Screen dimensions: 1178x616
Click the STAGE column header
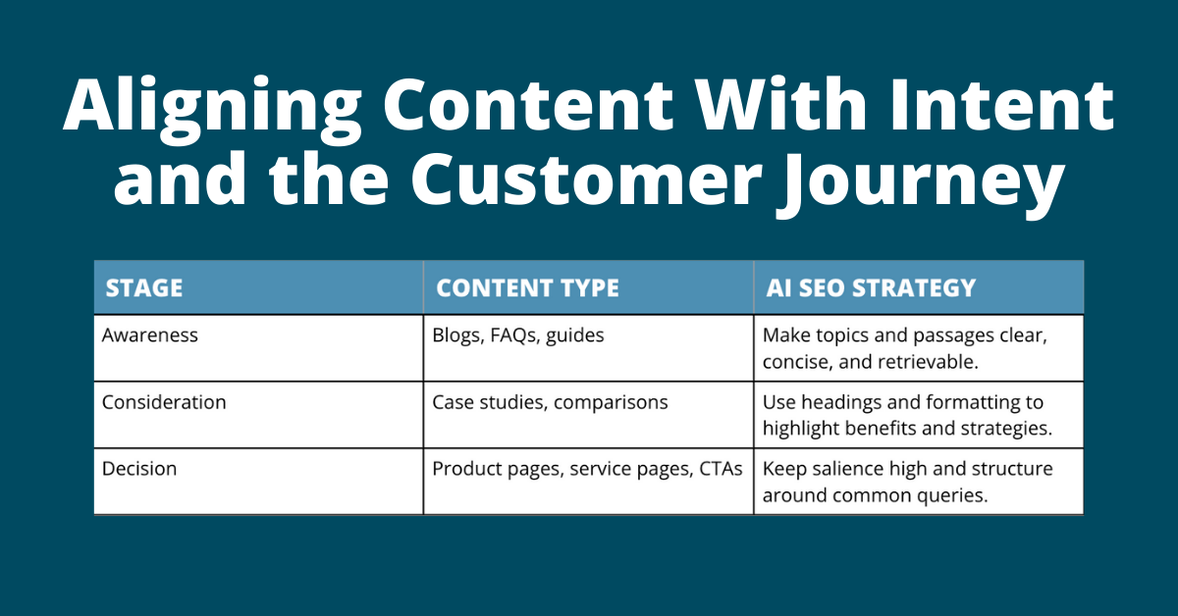[x=144, y=288]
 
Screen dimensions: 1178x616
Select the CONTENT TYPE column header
[x=527, y=288]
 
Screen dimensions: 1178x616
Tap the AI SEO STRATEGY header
[x=871, y=288]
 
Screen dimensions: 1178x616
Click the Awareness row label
[x=150, y=335]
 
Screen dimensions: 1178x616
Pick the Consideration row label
[x=164, y=402]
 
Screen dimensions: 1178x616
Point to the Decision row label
[x=139, y=469]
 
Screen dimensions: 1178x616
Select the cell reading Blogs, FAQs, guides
[x=518, y=336]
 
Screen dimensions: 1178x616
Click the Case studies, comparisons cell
[x=550, y=403]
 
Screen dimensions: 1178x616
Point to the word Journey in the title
[x=921, y=181]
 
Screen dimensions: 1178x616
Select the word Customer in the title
[x=586, y=179]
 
